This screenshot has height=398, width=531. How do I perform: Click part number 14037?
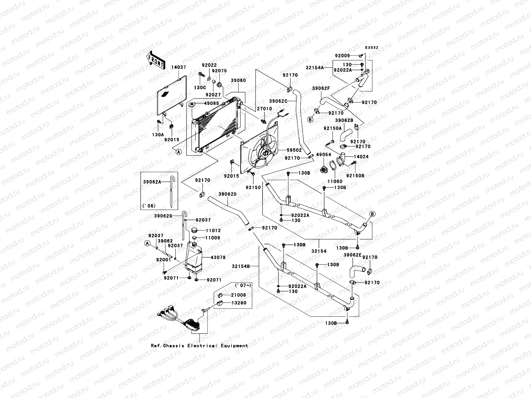[179, 67]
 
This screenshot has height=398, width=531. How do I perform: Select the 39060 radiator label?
[238, 81]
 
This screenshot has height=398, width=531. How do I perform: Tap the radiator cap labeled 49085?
[192, 105]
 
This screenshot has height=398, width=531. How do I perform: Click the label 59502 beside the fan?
[294, 150]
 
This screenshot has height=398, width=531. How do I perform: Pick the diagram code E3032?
[372, 48]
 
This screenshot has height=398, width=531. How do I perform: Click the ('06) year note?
[149, 206]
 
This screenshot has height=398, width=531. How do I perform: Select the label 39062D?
[228, 194]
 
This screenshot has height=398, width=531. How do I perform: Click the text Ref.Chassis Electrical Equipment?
[199, 346]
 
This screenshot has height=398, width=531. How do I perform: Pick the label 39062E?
[352, 255]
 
